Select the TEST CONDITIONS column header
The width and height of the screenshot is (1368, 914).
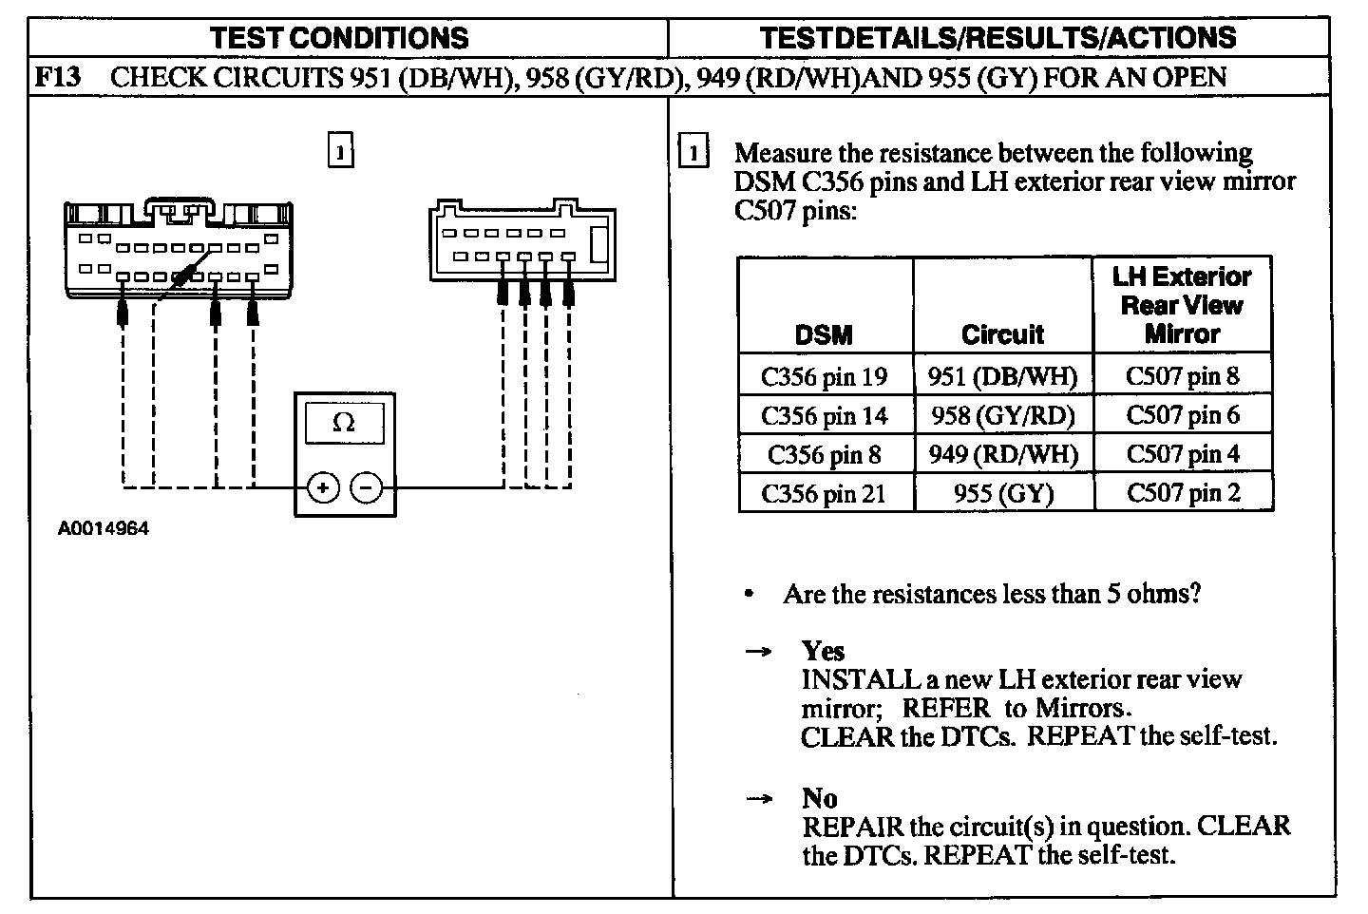tap(339, 38)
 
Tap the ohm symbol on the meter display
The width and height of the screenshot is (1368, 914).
tap(344, 424)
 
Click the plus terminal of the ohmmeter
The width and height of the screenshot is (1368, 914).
tap(323, 488)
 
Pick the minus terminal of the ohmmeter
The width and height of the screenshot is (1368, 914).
tap(367, 488)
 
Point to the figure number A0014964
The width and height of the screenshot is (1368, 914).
tap(104, 529)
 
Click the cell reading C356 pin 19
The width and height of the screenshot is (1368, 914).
tap(825, 377)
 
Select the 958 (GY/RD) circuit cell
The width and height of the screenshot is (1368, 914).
tap(1002, 415)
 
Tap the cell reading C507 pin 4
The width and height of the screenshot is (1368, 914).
tap(1183, 454)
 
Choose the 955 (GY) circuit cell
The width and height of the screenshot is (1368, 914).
tap(1002, 493)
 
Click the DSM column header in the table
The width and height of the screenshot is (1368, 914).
tap(824, 334)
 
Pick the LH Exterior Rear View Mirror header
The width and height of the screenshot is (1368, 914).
tap(1182, 305)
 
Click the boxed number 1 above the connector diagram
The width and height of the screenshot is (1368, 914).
tap(340, 151)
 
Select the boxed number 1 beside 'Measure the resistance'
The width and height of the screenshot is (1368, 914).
tap(695, 153)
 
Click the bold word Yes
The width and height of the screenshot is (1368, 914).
tap(823, 651)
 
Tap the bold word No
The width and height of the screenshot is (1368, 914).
tap(820, 798)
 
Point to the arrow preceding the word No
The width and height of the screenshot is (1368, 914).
tap(757, 799)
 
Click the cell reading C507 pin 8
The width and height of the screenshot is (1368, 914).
tap(1183, 376)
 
